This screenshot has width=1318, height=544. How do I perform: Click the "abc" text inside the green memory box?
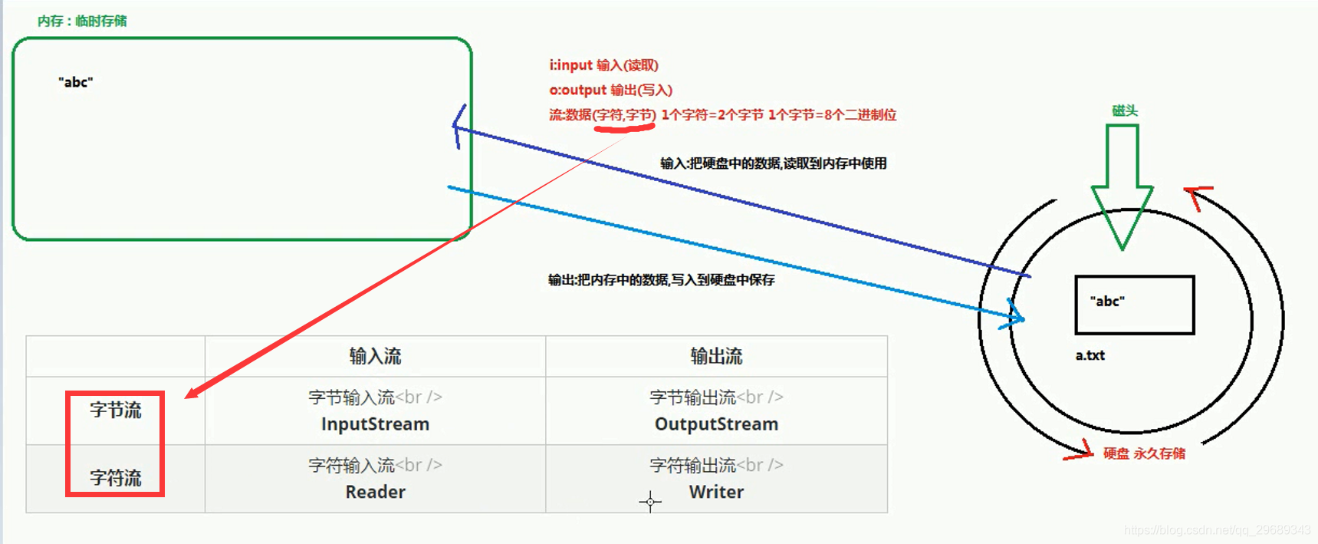pyautogui.click(x=75, y=82)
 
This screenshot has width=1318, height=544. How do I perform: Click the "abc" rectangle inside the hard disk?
pyautogui.click(x=1134, y=305)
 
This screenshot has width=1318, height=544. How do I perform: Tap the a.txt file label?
pyautogui.click(x=1090, y=355)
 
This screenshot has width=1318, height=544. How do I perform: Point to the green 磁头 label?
pyautogui.click(x=1125, y=110)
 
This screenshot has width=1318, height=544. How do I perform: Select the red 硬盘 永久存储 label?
pyautogui.click(x=1144, y=453)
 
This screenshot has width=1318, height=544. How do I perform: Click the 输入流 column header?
pyautogui.click(x=375, y=356)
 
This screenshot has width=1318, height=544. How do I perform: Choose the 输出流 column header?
pyautogui.click(x=716, y=356)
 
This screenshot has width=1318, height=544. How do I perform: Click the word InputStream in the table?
pyautogui.click(x=375, y=424)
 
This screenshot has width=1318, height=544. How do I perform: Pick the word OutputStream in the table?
pyautogui.click(x=716, y=424)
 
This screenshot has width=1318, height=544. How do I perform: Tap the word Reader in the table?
pyautogui.click(x=375, y=492)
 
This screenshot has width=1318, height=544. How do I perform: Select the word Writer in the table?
pyautogui.click(x=716, y=492)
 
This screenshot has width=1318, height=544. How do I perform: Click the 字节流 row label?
pyautogui.click(x=116, y=410)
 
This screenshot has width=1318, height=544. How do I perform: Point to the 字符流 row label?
pyautogui.click(x=116, y=478)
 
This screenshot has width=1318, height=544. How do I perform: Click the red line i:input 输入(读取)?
pyautogui.click(x=603, y=65)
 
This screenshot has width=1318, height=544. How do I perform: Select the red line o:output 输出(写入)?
pyautogui.click(x=610, y=90)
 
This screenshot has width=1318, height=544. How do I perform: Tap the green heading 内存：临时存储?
pyautogui.click(x=82, y=21)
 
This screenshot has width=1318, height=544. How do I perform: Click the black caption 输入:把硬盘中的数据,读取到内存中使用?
pyautogui.click(x=773, y=163)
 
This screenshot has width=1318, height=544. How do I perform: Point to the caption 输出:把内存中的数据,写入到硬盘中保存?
pyautogui.click(x=661, y=280)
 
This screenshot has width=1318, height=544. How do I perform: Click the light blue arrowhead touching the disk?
pyautogui.click(x=1014, y=315)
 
